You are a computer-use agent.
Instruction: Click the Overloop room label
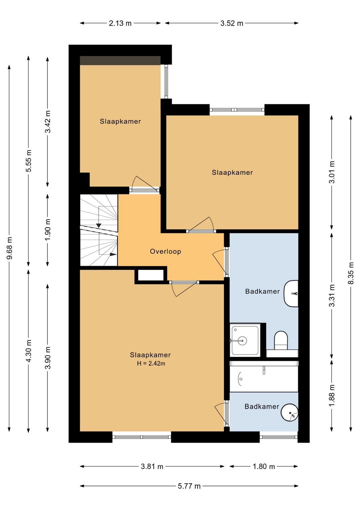165,251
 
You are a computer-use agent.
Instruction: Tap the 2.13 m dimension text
120,23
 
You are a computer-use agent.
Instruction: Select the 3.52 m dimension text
232,23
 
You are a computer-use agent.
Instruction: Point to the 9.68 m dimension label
10,248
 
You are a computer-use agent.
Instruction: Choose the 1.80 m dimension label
264,467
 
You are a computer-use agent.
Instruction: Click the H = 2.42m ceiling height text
151,364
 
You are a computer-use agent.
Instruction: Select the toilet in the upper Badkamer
281,341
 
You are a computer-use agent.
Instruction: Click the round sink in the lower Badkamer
290,412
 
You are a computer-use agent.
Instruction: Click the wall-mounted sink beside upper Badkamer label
291,294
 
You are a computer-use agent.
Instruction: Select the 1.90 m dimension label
48,230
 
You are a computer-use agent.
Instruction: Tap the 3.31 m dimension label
332,296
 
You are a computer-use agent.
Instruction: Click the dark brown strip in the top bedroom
120,60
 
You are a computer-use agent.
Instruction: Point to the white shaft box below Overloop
151,276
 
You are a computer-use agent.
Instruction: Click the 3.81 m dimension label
152,467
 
